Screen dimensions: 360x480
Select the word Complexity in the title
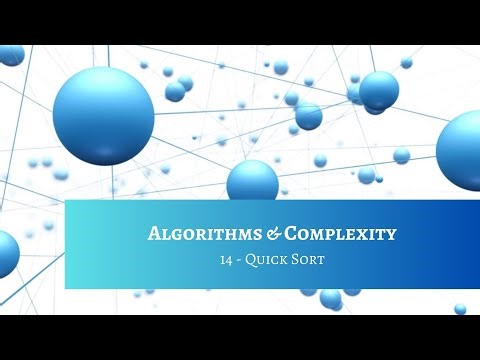(340, 234)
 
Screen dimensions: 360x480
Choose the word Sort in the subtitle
(310, 261)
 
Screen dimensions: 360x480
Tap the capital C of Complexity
(292, 234)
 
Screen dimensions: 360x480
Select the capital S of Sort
(298, 261)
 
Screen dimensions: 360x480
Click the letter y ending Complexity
(391, 235)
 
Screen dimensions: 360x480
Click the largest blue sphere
(103, 115)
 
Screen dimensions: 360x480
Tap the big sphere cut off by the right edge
(461, 150)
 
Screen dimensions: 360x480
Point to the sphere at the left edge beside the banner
(7, 253)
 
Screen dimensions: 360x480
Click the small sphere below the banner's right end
(460, 309)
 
